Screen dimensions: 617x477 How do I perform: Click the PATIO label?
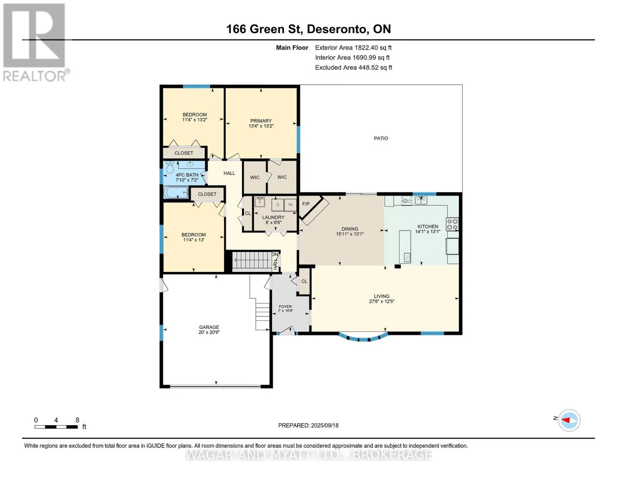tap(381, 138)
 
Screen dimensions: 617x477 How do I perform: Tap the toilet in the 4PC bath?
tap(170, 167)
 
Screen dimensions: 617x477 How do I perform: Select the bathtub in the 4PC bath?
tap(176, 192)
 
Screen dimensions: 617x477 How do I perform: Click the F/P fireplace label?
tap(306, 204)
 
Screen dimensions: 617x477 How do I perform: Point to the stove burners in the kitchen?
tap(452, 224)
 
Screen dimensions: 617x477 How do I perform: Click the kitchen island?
tap(405, 246)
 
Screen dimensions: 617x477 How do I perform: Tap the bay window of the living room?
tap(363, 337)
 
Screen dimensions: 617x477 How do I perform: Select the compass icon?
tap(569, 421)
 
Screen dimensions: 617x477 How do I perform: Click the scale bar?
tap(56, 427)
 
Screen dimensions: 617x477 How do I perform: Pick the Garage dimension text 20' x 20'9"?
tap(209, 332)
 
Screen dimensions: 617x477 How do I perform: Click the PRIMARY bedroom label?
tap(261, 121)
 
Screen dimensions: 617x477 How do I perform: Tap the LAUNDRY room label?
tap(273, 217)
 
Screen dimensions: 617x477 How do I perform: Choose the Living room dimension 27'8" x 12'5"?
tap(382, 301)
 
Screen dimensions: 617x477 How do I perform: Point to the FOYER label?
tap(285, 306)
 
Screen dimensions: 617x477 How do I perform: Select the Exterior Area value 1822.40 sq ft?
tap(373, 48)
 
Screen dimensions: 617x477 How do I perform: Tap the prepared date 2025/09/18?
tap(325, 426)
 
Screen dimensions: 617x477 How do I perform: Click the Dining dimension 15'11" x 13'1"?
tap(350, 234)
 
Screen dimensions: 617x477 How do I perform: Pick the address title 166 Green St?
tap(264, 29)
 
